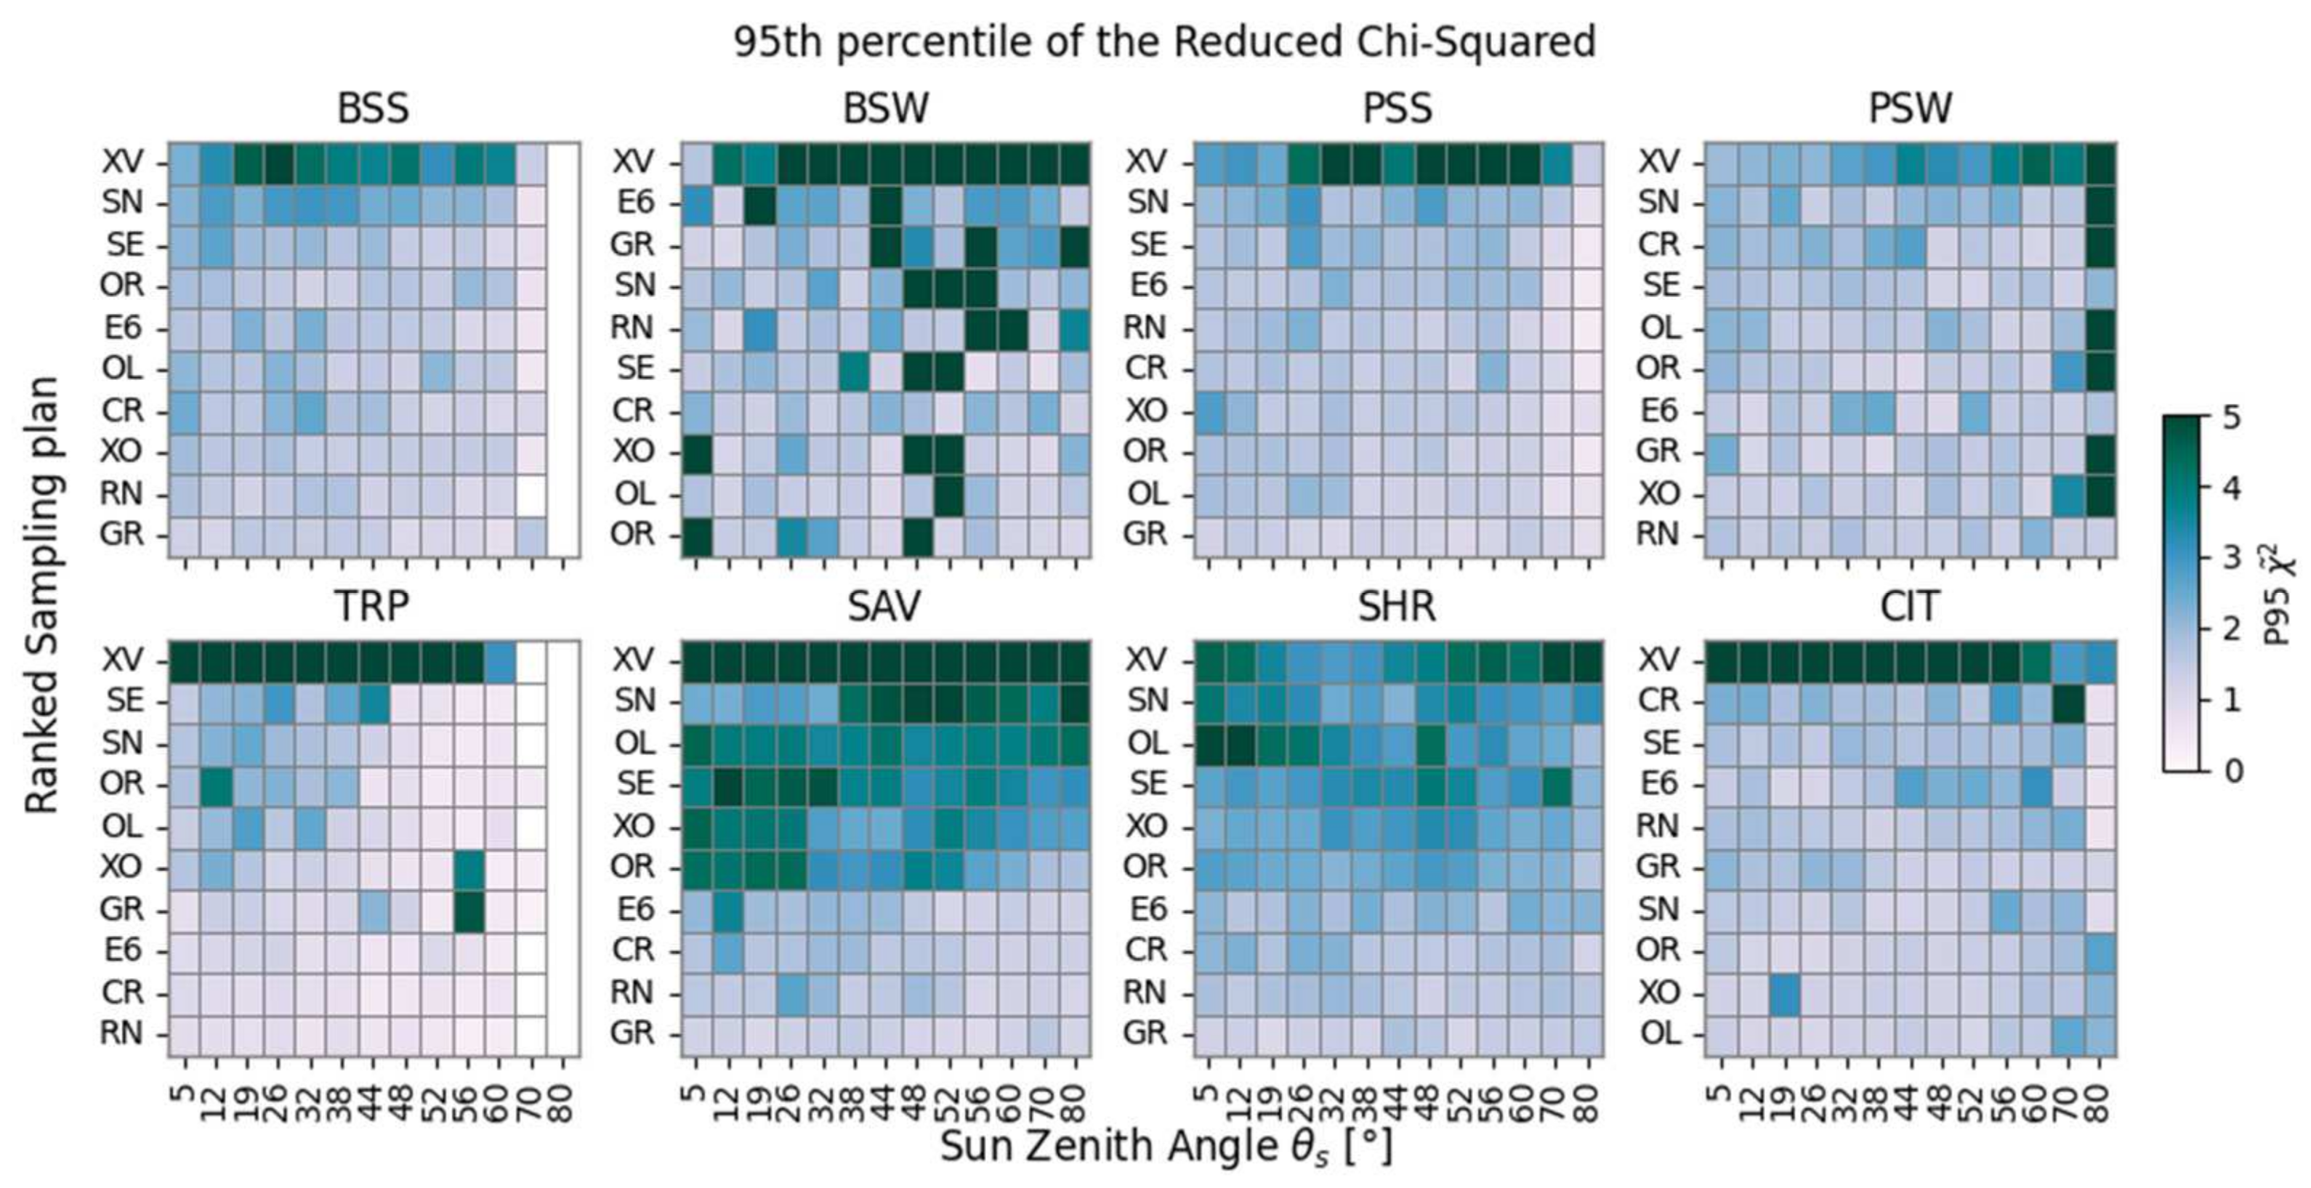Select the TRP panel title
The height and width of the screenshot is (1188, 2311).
(x=371, y=607)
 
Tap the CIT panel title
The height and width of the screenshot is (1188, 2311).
(x=1910, y=607)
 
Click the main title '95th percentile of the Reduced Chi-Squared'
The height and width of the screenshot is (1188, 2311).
(x=1164, y=42)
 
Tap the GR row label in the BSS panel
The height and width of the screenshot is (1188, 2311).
(x=121, y=535)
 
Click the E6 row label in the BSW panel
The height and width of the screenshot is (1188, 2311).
(x=634, y=203)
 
